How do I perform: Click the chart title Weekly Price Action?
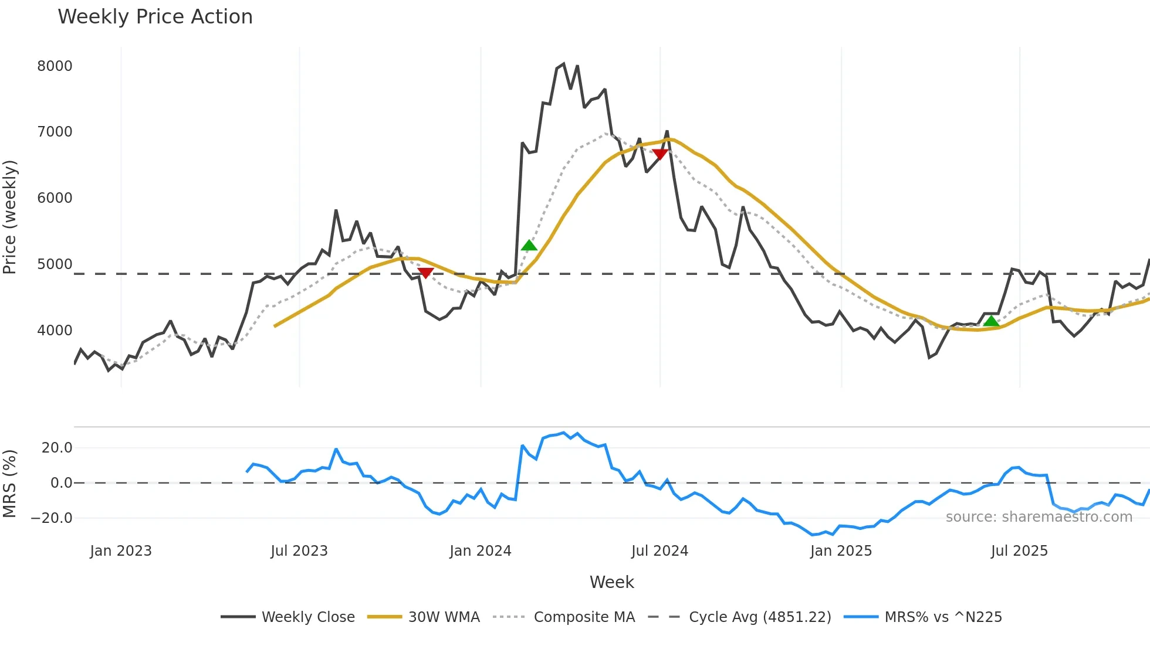click(x=155, y=17)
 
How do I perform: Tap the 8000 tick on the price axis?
click(x=55, y=66)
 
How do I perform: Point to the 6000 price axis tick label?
click(x=55, y=198)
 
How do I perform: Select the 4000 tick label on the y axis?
click(x=55, y=331)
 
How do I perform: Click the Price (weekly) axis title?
click(x=10, y=217)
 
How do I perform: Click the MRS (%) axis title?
click(x=10, y=484)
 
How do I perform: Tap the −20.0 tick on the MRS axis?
click(x=52, y=518)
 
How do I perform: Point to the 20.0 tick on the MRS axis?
click(x=57, y=448)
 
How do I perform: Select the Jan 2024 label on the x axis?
click(x=481, y=551)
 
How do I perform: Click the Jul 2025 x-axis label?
click(x=1019, y=551)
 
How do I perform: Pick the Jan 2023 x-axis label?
click(x=121, y=551)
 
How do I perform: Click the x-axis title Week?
click(x=611, y=582)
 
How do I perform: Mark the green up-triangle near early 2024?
click(x=529, y=246)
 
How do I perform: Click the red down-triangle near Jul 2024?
click(x=660, y=154)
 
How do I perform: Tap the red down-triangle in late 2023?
click(x=425, y=273)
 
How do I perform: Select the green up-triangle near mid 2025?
click(x=991, y=321)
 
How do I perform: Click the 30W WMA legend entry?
click(x=424, y=617)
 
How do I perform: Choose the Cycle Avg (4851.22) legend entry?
click(x=739, y=617)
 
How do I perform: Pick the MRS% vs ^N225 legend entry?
click(x=923, y=617)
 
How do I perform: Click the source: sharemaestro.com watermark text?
click(x=1039, y=517)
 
